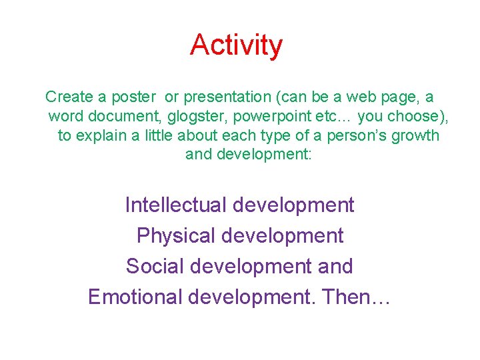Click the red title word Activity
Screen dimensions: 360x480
(x=236, y=45)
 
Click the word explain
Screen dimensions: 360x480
(x=101, y=136)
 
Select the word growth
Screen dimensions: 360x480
(x=419, y=136)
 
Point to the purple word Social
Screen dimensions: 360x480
(x=154, y=266)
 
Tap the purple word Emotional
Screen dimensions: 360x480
(x=135, y=297)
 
